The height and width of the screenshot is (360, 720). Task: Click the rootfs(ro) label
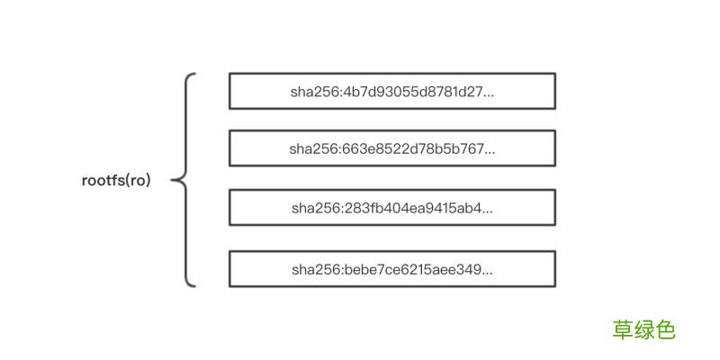point(116,181)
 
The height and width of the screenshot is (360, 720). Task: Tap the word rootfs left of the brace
point(103,181)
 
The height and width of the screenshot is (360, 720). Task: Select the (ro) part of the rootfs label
point(138,182)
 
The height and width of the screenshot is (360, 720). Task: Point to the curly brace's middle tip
point(172,181)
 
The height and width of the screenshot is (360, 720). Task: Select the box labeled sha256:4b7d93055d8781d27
point(392,91)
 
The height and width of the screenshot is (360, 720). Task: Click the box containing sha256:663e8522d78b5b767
point(392,148)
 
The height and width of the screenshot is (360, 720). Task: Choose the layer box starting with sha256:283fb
point(392,208)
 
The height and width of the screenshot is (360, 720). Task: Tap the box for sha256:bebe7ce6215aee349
point(392,269)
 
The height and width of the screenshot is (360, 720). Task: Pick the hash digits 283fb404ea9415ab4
point(411,209)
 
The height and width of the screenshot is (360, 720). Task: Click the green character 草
point(622,329)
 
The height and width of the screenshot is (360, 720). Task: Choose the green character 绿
point(644,329)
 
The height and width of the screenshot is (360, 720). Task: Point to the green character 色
point(665,329)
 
